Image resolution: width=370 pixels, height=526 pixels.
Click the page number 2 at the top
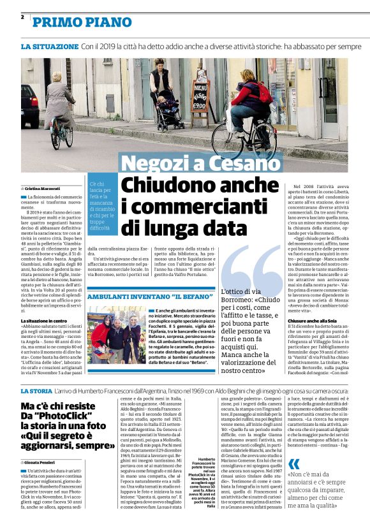(22, 17)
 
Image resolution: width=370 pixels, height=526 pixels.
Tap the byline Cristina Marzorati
(41, 189)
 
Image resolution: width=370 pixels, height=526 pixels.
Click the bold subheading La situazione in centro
(44, 320)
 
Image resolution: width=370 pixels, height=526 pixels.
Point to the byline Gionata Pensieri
(40, 461)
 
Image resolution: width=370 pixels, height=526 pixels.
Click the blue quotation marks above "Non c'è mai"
(294, 464)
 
